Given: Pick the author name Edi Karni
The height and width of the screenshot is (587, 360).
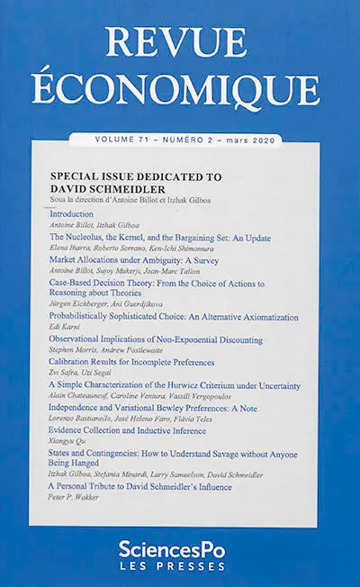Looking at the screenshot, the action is coord(65,328).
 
